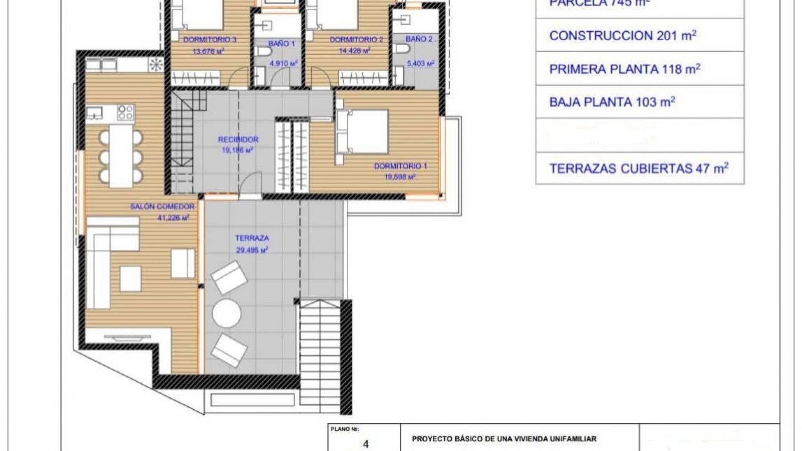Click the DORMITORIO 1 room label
pyautogui.click(x=400, y=166)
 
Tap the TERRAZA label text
pyautogui.click(x=252, y=238)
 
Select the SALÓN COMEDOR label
pyautogui.click(x=162, y=207)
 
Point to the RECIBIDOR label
pyautogui.click(x=238, y=140)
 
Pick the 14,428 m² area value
pyautogui.click(x=355, y=51)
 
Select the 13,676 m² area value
pyautogui.click(x=209, y=52)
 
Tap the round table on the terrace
pyautogui.click(x=226, y=313)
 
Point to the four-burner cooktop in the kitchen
pyautogui.click(x=125, y=112)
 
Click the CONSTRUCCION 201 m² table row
pyautogui.click(x=622, y=36)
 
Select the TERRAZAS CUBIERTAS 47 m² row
pyautogui.click(x=639, y=168)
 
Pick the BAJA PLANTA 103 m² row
pyautogui.click(x=612, y=102)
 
